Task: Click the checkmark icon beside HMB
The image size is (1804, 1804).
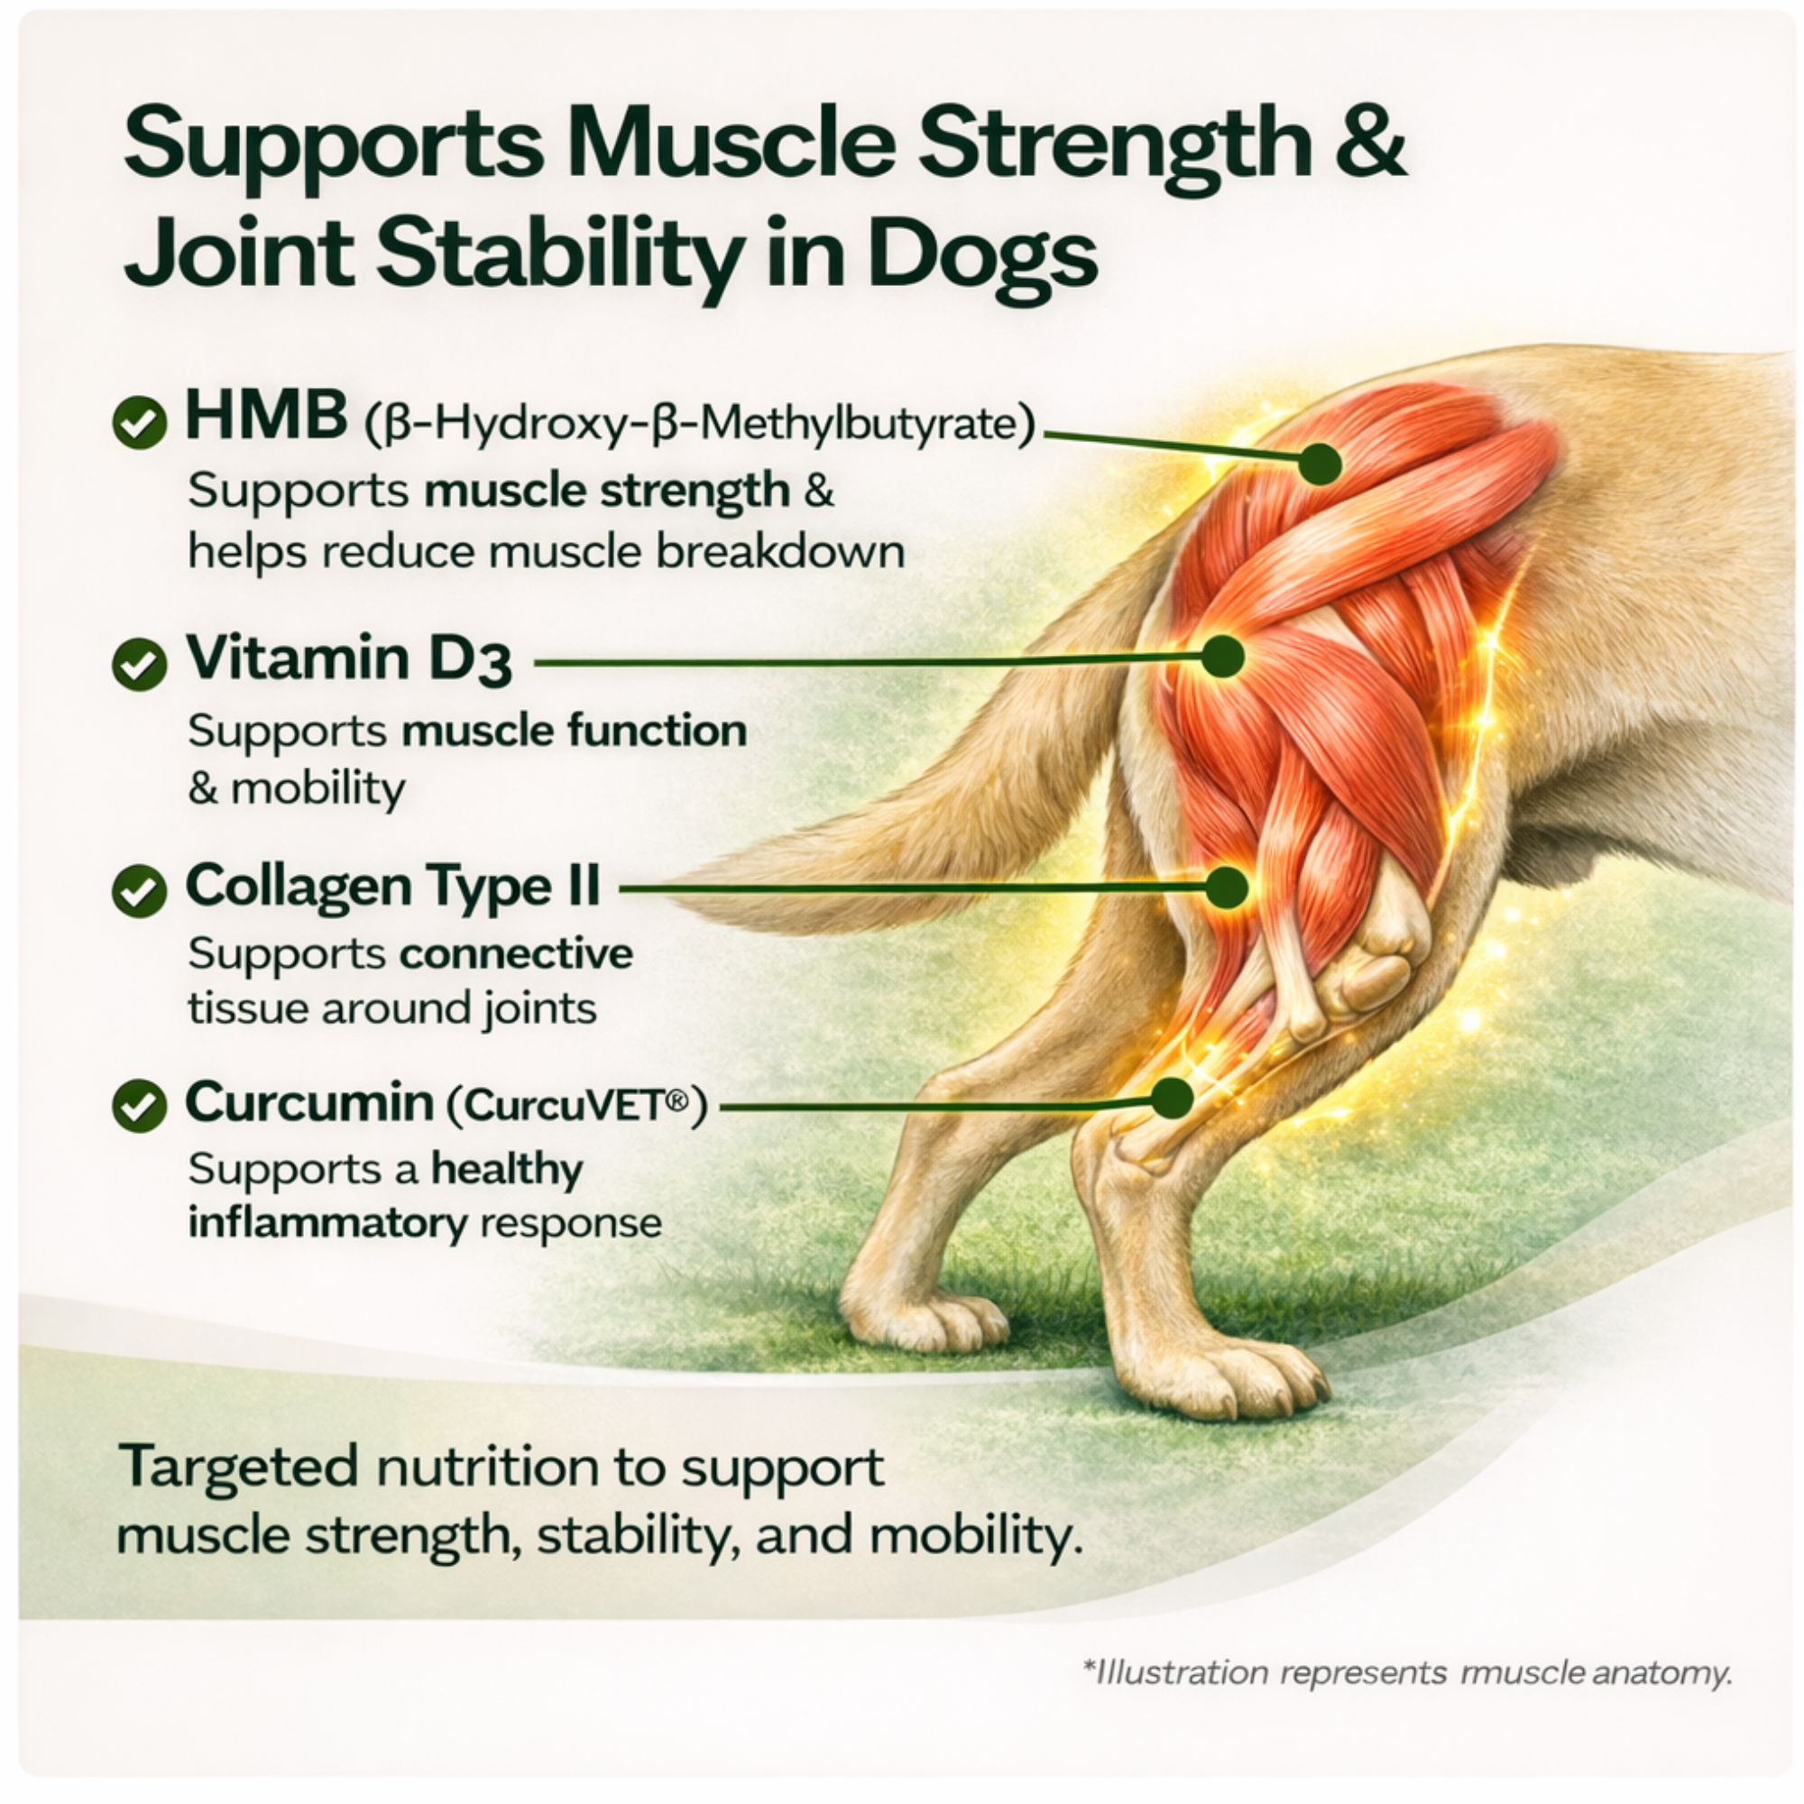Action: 139,422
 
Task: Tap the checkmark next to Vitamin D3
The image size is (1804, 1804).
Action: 139,664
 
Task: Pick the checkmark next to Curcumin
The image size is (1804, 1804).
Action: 139,1106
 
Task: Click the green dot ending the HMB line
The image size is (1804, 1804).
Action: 1320,463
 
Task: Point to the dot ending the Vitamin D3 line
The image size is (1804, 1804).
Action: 1222,657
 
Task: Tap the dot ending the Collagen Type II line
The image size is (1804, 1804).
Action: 1226,887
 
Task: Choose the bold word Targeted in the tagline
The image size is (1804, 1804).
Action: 239,1466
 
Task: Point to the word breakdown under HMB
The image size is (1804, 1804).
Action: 780,552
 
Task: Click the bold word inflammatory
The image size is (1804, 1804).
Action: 327,1223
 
